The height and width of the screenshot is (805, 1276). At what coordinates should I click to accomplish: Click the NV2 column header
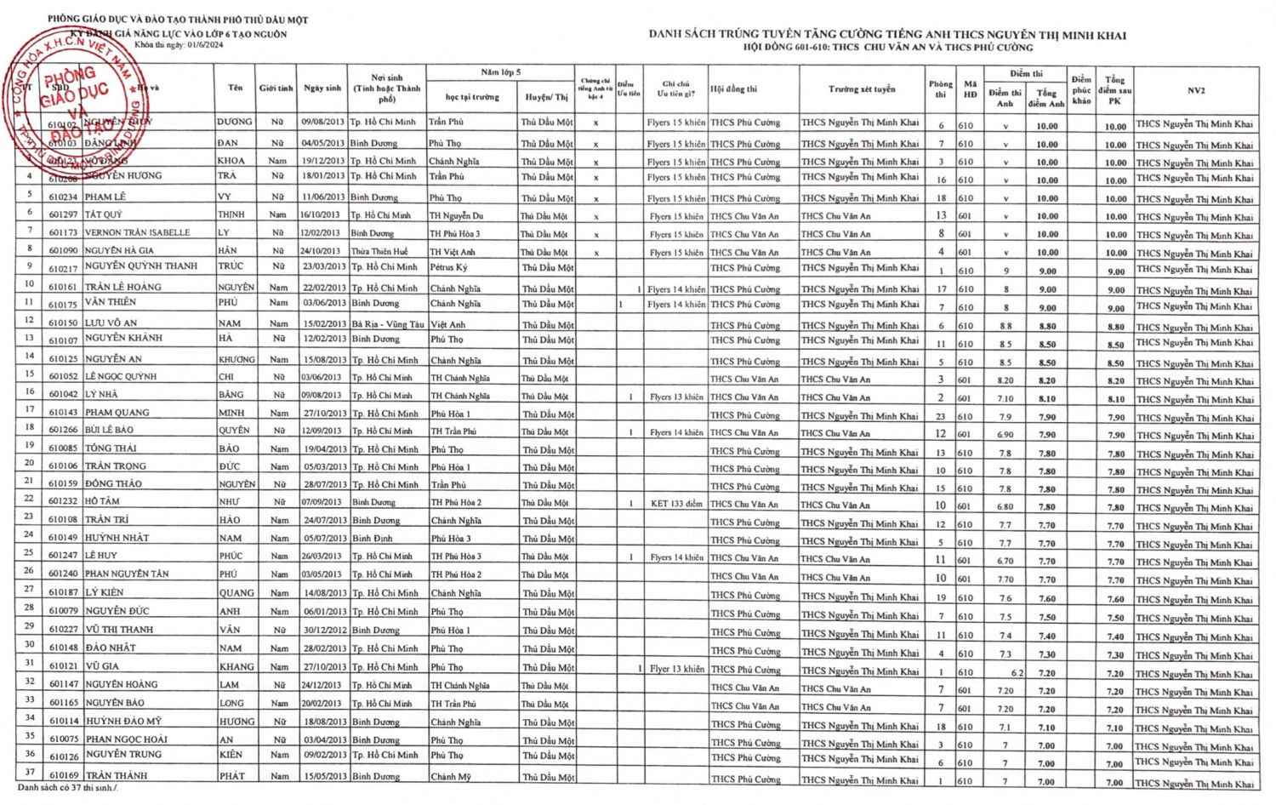click(x=1196, y=90)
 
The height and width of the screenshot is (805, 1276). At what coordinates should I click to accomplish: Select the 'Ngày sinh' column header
click(x=322, y=88)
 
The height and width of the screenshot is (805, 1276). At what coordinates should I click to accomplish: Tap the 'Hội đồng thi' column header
click(x=734, y=88)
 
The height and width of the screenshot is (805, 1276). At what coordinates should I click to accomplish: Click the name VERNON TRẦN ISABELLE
click(x=137, y=232)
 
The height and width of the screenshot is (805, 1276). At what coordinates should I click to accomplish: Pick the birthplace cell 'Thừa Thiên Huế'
click(x=379, y=252)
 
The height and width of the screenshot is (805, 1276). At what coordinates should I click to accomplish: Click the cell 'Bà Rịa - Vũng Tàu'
click(x=388, y=324)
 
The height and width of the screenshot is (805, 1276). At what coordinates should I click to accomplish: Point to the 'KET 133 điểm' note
click(x=676, y=504)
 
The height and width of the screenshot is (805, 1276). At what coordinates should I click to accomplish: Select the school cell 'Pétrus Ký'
click(x=448, y=267)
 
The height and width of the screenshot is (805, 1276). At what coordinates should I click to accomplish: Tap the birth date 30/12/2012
click(x=322, y=631)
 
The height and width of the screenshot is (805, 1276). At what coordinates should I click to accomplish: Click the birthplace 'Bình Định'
click(x=373, y=539)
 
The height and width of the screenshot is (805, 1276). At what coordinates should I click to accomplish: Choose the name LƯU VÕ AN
click(x=111, y=323)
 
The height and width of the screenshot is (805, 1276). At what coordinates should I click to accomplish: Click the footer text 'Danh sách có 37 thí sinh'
click(x=67, y=788)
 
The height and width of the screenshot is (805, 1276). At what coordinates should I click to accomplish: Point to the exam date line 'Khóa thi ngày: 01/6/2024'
click(x=179, y=45)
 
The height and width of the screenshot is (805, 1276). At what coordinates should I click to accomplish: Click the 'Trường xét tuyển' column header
click(x=861, y=88)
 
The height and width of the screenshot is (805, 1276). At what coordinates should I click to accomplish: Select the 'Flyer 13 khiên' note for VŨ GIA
click(x=677, y=669)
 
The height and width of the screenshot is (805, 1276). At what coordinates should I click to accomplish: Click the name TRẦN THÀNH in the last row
click(x=117, y=775)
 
